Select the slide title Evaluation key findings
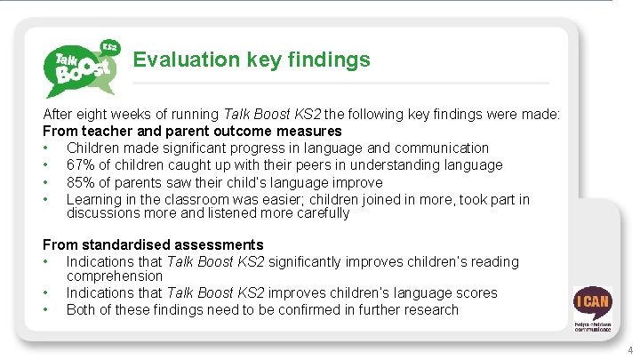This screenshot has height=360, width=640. coord(252,60)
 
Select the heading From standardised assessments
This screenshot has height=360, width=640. coord(153,244)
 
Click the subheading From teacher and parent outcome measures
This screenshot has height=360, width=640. coord(192,132)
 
